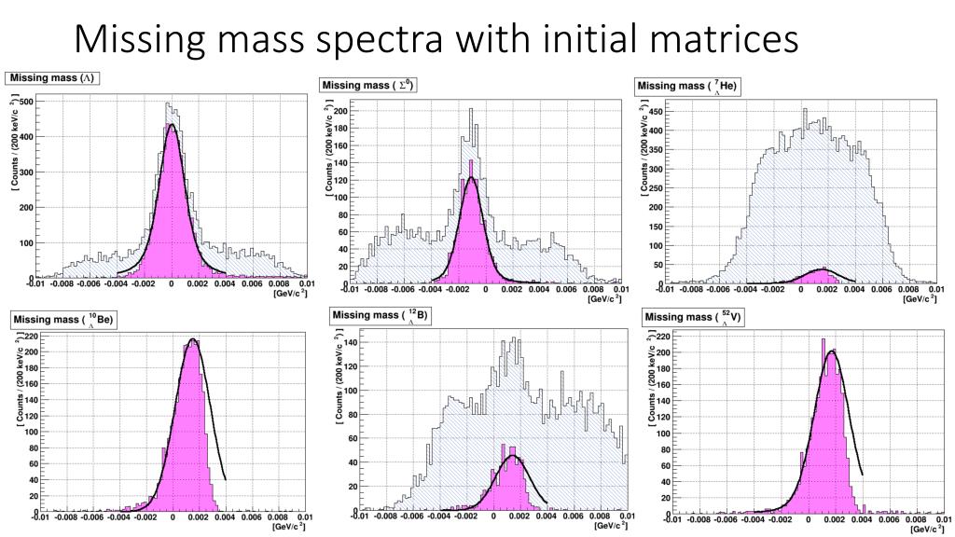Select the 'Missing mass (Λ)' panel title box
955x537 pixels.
point(54,78)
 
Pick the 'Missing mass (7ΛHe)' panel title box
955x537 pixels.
point(687,87)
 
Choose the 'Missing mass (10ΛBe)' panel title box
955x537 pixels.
point(62,320)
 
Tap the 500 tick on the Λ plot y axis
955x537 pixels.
point(26,101)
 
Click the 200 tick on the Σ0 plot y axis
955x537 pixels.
point(341,110)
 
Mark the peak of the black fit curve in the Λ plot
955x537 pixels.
point(172,125)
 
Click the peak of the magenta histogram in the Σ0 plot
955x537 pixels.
point(472,163)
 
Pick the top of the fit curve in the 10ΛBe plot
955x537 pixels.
point(192,339)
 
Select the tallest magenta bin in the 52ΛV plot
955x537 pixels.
point(824,340)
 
